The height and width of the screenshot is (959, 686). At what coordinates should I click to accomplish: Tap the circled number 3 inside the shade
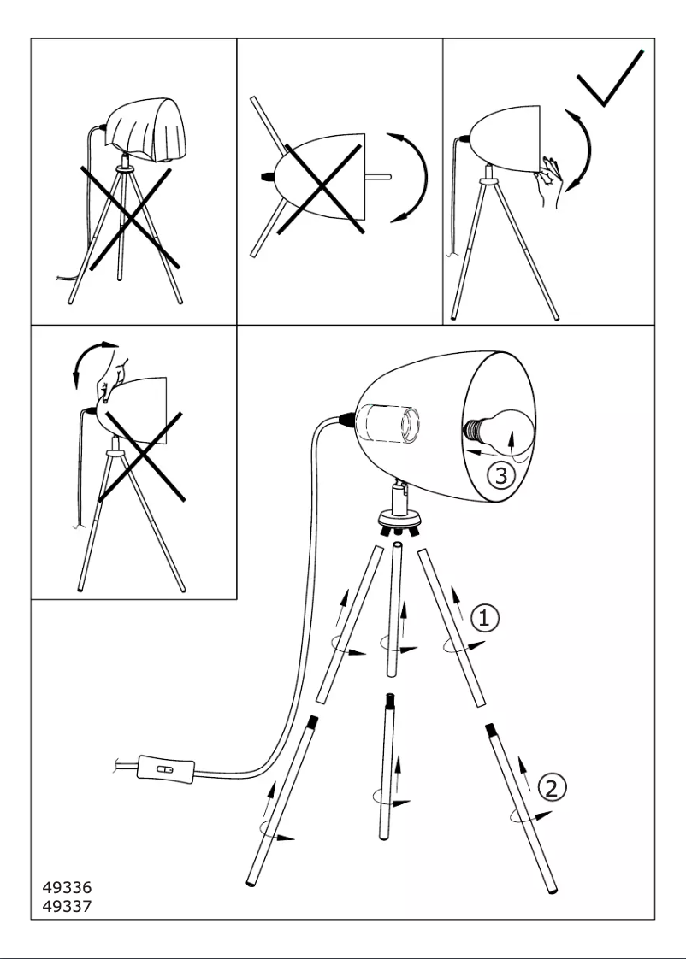tap(502, 475)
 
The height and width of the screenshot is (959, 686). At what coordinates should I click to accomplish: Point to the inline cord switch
tap(166, 768)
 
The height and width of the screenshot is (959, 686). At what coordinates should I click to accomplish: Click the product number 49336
tap(67, 889)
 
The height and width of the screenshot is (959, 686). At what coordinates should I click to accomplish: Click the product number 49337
tap(67, 906)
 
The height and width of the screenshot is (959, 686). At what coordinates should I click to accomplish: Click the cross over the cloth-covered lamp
tap(130, 215)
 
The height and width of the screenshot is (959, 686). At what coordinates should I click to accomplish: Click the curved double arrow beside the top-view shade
tap(414, 178)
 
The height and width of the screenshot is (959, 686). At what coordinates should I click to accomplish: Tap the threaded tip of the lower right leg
tap(491, 731)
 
